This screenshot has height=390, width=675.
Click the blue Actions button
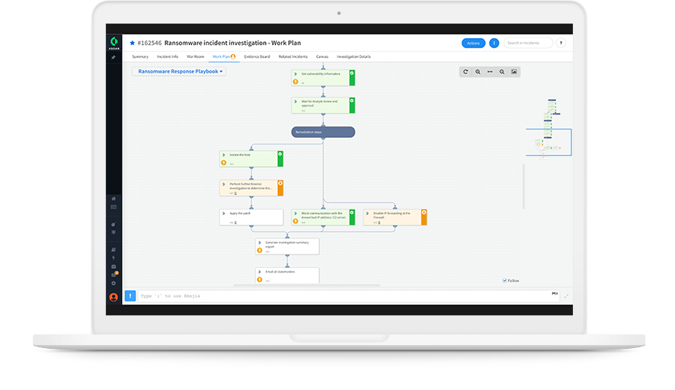point(473,43)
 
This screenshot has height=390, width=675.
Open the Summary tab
point(140,56)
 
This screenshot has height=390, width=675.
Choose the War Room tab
point(195,56)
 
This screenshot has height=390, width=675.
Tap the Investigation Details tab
point(353,56)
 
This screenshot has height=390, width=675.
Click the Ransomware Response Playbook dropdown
point(179,72)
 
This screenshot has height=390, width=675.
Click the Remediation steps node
point(323,132)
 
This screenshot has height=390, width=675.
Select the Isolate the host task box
point(251,158)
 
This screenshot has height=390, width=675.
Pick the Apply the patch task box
point(251,217)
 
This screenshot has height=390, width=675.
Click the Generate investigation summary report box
point(286,246)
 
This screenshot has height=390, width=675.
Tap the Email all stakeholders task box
point(286,275)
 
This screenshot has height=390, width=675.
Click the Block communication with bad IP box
point(323,217)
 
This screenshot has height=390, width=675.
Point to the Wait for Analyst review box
point(323,104)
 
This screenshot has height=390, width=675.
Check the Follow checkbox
point(504,280)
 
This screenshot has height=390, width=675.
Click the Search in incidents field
point(527,43)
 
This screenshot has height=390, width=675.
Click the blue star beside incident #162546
point(132,43)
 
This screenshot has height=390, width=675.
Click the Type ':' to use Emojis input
point(343,296)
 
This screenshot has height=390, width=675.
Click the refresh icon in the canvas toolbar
point(465,72)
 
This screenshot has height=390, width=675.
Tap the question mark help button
point(561,43)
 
